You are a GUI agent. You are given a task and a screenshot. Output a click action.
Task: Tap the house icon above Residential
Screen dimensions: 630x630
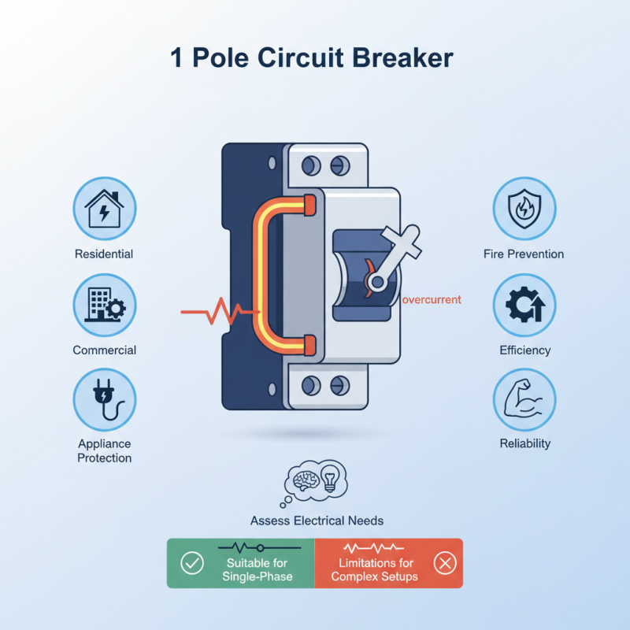pos(105,209)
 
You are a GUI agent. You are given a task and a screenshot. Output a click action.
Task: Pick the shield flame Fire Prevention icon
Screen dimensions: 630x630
pos(524,209)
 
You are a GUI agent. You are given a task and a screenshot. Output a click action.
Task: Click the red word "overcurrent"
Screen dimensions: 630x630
pos(432,300)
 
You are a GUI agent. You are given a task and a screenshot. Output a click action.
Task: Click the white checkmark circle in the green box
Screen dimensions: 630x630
pos(192,563)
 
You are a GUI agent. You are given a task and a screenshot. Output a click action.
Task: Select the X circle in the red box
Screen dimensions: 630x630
pos(445,563)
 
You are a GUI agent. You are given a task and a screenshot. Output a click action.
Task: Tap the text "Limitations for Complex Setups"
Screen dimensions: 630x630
pos(374,569)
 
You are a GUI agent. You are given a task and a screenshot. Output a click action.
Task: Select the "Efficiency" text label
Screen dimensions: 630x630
pos(524,350)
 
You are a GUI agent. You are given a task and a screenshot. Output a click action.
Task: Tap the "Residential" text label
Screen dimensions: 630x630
pos(104,254)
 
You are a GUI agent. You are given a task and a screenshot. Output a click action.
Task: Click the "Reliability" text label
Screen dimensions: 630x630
pos(524,443)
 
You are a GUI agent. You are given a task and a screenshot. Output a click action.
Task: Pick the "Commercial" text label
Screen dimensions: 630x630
pos(105,350)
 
